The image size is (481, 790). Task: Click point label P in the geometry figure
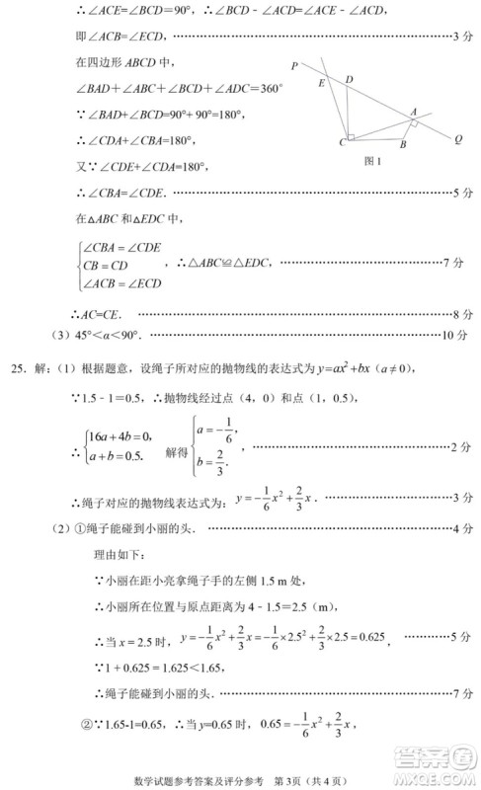(x=295, y=66)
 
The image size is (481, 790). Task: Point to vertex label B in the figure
(x=403, y=144)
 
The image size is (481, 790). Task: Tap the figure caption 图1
(x=372, y=161)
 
